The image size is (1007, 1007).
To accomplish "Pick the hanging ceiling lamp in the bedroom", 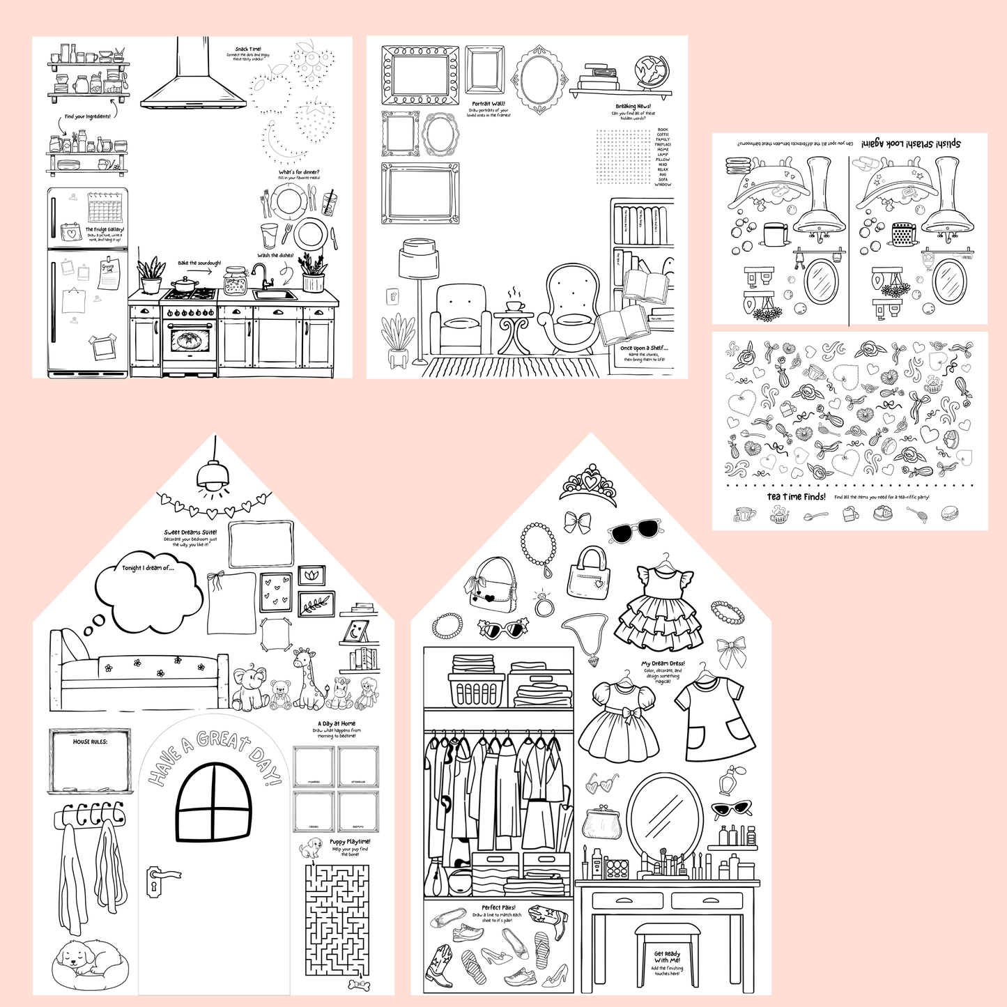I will click(213, 474).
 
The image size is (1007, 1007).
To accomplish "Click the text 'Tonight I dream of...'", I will click(148, 568).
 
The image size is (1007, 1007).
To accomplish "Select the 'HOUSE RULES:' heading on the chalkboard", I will click(90, 741).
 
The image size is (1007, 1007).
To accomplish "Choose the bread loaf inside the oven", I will click(189, 341).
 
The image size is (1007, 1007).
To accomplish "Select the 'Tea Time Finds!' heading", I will click(796, 497).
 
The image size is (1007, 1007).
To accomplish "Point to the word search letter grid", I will click(623, 157).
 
